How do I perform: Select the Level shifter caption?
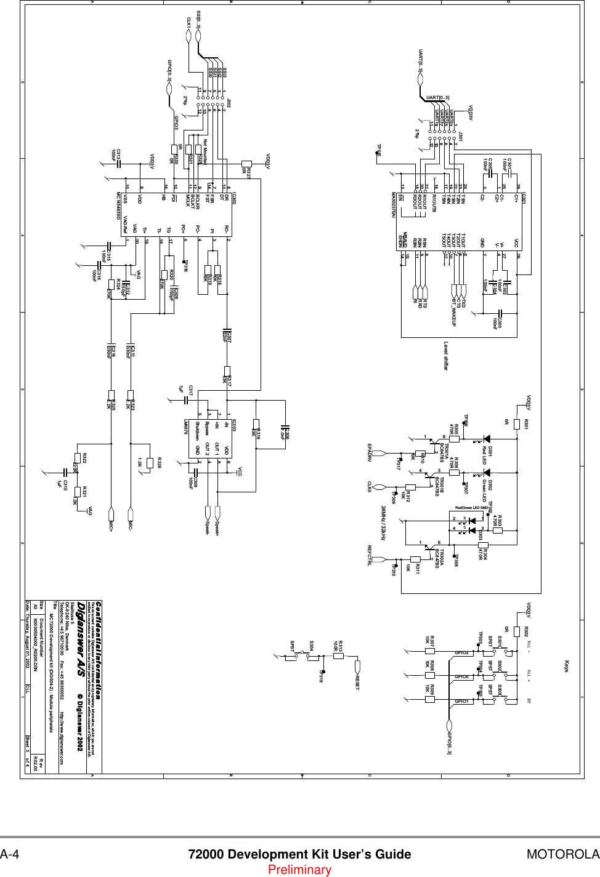(x=446, y=356)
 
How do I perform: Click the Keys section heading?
(x=567, y=666)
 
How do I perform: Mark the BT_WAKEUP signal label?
(x=454, y=311)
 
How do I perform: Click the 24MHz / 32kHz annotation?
(x=383, y=523)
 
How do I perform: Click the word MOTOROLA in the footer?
(x=562, y=854)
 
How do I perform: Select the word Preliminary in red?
(x=299, y=870)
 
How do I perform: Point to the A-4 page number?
(x=10, y=854)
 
